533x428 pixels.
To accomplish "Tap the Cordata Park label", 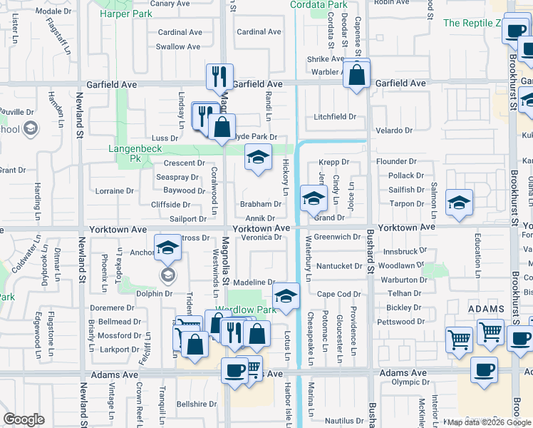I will tap(319, 5).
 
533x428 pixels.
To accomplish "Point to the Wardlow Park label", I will tap(247, 310).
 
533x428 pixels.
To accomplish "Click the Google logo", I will tap(24, 419).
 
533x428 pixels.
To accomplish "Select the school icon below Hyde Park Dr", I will tap(258, 157).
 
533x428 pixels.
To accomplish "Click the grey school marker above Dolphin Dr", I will tap(167, 275).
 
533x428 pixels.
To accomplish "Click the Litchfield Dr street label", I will tap(335, 117).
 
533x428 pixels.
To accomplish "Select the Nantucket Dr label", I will tap(339, 266).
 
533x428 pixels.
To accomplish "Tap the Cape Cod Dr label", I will tap(338, 294).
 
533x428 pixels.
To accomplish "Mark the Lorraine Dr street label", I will tap(115, 191).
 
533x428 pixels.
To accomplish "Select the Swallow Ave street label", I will tap(178, 47).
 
